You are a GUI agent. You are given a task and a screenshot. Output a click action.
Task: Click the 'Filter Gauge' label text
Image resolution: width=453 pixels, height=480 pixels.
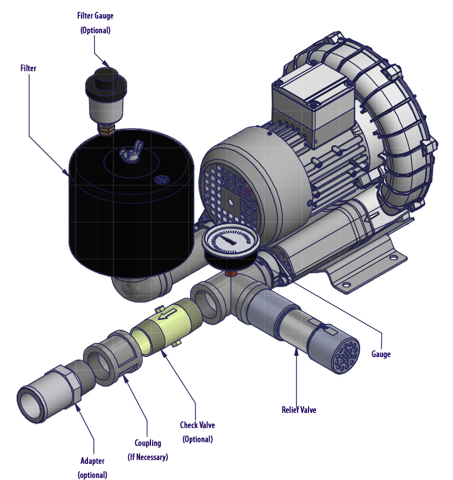(95, 16)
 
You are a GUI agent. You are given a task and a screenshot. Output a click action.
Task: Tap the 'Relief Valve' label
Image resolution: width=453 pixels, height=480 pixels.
(299, 409)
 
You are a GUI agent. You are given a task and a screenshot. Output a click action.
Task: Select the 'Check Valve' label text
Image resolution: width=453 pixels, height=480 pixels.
(197, 425)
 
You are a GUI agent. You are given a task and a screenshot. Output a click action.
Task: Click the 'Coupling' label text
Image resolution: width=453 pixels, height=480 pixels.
(148, 443)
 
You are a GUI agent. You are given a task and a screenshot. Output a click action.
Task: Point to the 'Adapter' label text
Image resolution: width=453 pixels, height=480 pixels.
(92, 461)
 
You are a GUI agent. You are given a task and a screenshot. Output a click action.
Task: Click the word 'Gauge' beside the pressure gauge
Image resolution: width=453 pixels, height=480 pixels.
(381, 354)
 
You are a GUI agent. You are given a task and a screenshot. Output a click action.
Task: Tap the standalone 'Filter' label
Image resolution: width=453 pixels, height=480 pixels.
(28, 68)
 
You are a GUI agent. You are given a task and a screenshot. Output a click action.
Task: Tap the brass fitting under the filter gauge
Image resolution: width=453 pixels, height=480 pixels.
(105, 129)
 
